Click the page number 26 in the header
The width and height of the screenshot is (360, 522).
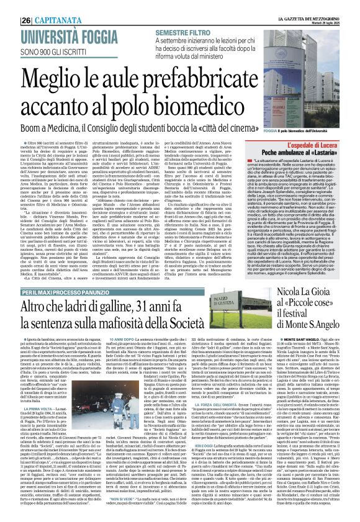click(11, 4)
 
